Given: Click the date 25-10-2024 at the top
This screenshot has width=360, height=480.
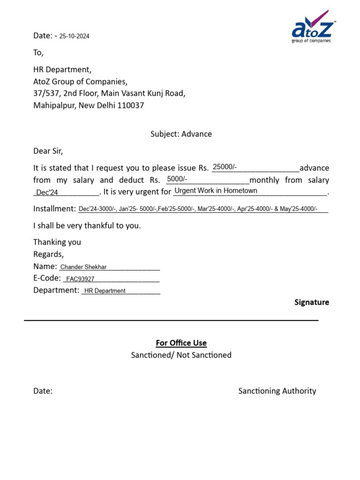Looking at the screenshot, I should (x=74, y=36).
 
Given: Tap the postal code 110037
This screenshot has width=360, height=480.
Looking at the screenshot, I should (x=131, y=105).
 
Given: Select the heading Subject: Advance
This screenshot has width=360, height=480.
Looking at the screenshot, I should (x=181, y=134).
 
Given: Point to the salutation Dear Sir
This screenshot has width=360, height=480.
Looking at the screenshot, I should (x=48, y=151).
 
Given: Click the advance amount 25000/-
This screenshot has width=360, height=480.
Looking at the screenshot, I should (x=225, y=167).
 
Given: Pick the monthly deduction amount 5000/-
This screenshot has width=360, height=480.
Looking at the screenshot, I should (x=177, y=179).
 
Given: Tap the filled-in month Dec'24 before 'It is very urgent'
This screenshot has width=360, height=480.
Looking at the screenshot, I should (x=47, y=193).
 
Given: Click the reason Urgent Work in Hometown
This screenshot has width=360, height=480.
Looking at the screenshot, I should (x=216, y=191).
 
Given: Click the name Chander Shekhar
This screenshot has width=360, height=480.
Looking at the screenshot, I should (x=84, y=267).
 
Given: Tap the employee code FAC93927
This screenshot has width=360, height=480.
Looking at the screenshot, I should (x=80, y=279).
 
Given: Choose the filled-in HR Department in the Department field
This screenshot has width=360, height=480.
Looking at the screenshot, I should (x=105, y=291).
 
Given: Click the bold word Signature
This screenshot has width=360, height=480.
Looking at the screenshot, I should (x=312, y=302).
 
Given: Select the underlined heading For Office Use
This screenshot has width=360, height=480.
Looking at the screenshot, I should (x=181, y=343).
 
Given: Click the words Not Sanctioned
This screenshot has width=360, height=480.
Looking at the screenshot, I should (x=204, y=355).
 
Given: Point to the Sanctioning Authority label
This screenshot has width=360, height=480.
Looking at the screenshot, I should (x=277, y=391).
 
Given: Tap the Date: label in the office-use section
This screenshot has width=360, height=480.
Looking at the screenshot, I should (x=43, y=391).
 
